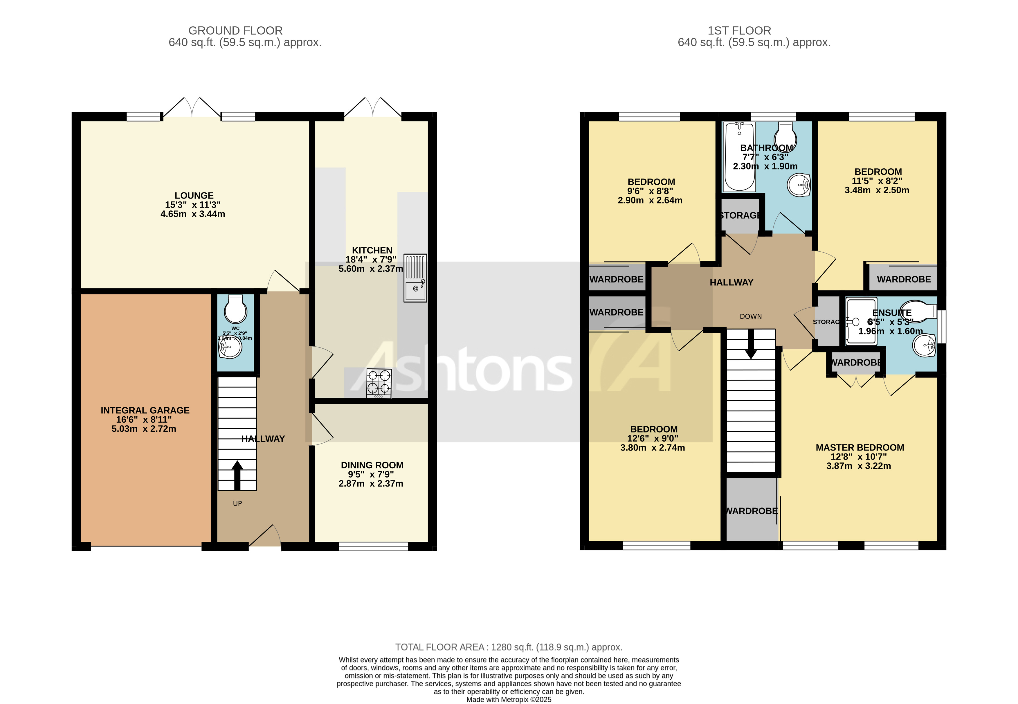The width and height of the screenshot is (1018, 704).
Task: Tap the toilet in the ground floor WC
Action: pos(235,309)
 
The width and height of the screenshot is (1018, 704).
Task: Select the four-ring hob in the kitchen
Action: pos(379,382)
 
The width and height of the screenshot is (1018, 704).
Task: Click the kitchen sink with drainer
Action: pos(415,278)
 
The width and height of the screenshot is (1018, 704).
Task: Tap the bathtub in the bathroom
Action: pos(739,156)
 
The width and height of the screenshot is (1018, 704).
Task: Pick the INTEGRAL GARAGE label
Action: pos(145,410)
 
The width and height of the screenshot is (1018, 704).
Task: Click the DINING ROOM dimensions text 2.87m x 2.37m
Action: pos(371,483)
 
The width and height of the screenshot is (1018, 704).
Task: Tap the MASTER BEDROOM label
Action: pos(860,447)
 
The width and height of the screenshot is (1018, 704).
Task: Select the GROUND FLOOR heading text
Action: pos(235,30)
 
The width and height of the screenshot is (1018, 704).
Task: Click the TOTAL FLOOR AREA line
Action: pos(509,647)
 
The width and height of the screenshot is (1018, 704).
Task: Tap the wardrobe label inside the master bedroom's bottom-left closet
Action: pos(752,511)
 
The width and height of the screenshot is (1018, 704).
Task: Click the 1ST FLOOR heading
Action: pos(739,30)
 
